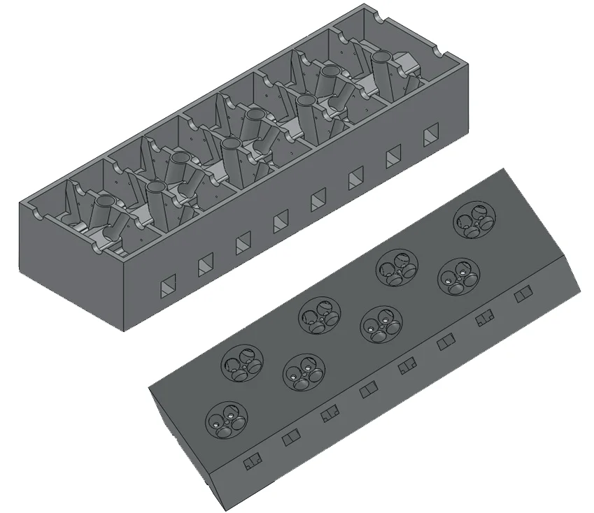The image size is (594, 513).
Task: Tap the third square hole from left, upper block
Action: [x=243, y=243]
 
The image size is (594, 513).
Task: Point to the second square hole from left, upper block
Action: [x=206, y=264]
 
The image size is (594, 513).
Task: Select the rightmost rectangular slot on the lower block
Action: [x=523, y=297]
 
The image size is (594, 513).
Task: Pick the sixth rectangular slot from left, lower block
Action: [x=446, y=344]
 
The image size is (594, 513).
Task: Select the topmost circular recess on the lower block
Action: [x=472, y=220]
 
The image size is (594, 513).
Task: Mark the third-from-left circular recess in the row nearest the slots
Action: [x=380, y=324]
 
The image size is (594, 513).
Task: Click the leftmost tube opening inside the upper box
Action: [x=104, y=203]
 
